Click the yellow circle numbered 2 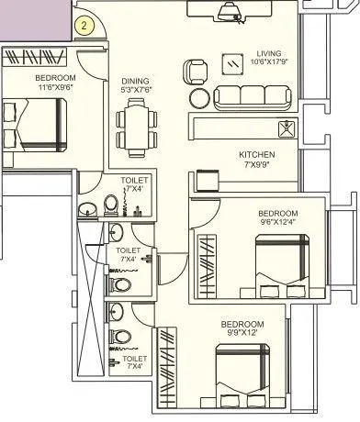coord(84,26)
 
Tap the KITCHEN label coord(256,154)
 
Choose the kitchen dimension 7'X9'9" coord(256,164)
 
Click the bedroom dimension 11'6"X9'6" coord(56,88)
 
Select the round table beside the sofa coord(199,98)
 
